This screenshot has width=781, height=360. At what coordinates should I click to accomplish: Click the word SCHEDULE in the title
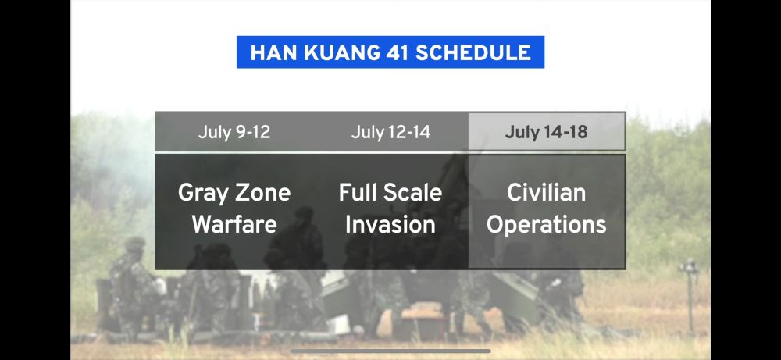coord(474,53)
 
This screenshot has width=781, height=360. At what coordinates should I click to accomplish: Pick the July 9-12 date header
coord(234,132)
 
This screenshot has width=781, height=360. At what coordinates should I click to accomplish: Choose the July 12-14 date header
coord(390,132)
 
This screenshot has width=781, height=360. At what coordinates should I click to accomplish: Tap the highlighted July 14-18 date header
coord(547,132)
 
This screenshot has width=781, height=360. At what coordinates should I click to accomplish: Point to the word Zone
coord(262,192)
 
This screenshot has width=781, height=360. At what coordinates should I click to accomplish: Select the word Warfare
coord(234,224)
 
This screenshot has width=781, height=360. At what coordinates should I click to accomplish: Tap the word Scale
coord(412,192)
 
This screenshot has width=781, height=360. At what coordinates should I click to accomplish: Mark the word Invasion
coord(390,224)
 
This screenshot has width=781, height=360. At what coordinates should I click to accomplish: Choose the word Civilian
coord(547,192)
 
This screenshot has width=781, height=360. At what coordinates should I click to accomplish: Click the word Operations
coord(547,225)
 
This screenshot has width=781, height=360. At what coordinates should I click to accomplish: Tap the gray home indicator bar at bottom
coord(390,351)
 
